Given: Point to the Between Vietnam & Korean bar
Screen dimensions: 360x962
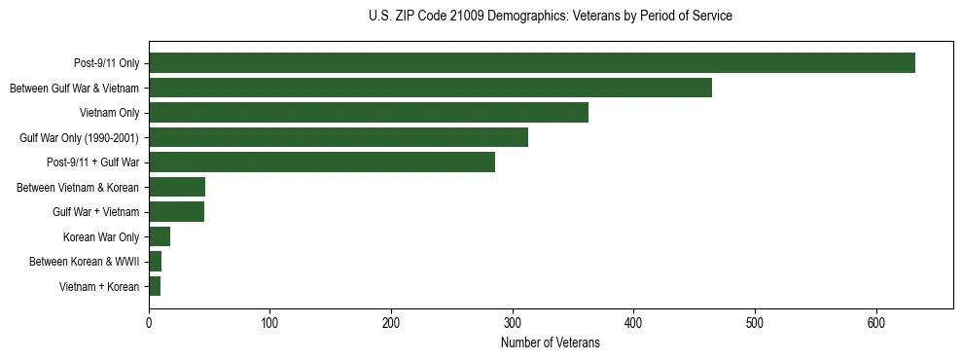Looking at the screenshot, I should (x=177, y=187).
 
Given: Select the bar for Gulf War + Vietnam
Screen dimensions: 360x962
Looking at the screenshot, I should (x=176, y=212).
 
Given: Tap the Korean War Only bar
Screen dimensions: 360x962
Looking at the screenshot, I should (x=160, y=236).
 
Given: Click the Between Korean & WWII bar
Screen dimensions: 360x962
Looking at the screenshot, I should (x=155, y=262).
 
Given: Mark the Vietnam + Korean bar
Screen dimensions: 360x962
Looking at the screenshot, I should (x=155, y=286).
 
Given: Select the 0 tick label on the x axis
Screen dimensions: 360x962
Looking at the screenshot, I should (x=149, y=323).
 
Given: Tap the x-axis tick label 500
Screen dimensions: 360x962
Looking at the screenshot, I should (x=755, y=323).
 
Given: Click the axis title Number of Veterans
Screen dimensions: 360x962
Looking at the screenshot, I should (x=550, y=343).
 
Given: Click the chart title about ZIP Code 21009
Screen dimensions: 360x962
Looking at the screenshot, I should (x=551, y=17).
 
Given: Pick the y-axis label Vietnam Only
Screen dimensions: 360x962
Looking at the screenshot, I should (x=109, y=113).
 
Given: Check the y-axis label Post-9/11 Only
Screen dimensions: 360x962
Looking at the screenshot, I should (x=106, y=63).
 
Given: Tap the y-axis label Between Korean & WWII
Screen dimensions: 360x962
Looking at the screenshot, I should (x=84, y=262).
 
